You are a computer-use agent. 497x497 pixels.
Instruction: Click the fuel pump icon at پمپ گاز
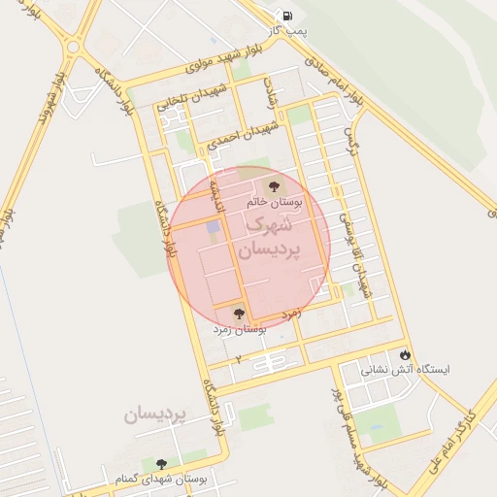(x=287, y=16)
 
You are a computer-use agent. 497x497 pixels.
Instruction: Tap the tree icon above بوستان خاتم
(x=271, y=185)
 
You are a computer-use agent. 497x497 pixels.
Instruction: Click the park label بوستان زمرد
(x=240, y=330)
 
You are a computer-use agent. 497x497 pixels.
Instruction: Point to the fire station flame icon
(x=405, y=355)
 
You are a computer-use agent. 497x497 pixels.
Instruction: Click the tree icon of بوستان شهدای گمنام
(x=160, y=464)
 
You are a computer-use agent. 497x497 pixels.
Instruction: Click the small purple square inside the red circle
(x=213, y=226)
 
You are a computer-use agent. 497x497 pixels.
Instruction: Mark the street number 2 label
(x=239, y=358)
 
